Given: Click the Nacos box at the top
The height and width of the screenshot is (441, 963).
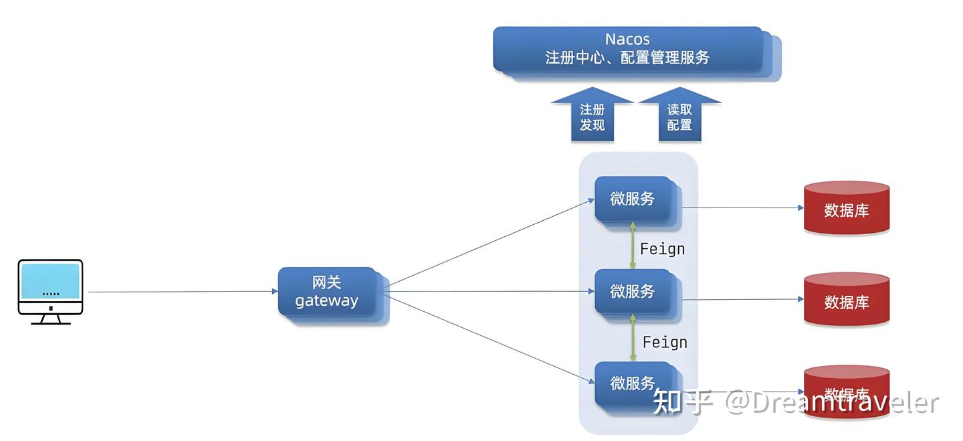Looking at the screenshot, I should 629,50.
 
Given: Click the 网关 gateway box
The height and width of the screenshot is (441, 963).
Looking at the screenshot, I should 327,292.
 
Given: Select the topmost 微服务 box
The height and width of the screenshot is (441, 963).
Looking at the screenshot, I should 633,199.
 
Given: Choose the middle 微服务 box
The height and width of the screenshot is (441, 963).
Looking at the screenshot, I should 633,291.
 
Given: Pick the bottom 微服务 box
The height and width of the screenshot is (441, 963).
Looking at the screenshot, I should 633,383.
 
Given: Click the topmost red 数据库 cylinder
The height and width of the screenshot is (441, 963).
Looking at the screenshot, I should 847,208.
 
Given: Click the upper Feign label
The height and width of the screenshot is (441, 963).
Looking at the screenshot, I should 662,249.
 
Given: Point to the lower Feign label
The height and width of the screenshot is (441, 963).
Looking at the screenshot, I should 665,342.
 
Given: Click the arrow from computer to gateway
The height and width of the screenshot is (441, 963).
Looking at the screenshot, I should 181,292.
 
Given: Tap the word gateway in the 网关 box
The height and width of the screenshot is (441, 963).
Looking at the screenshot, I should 327,301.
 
